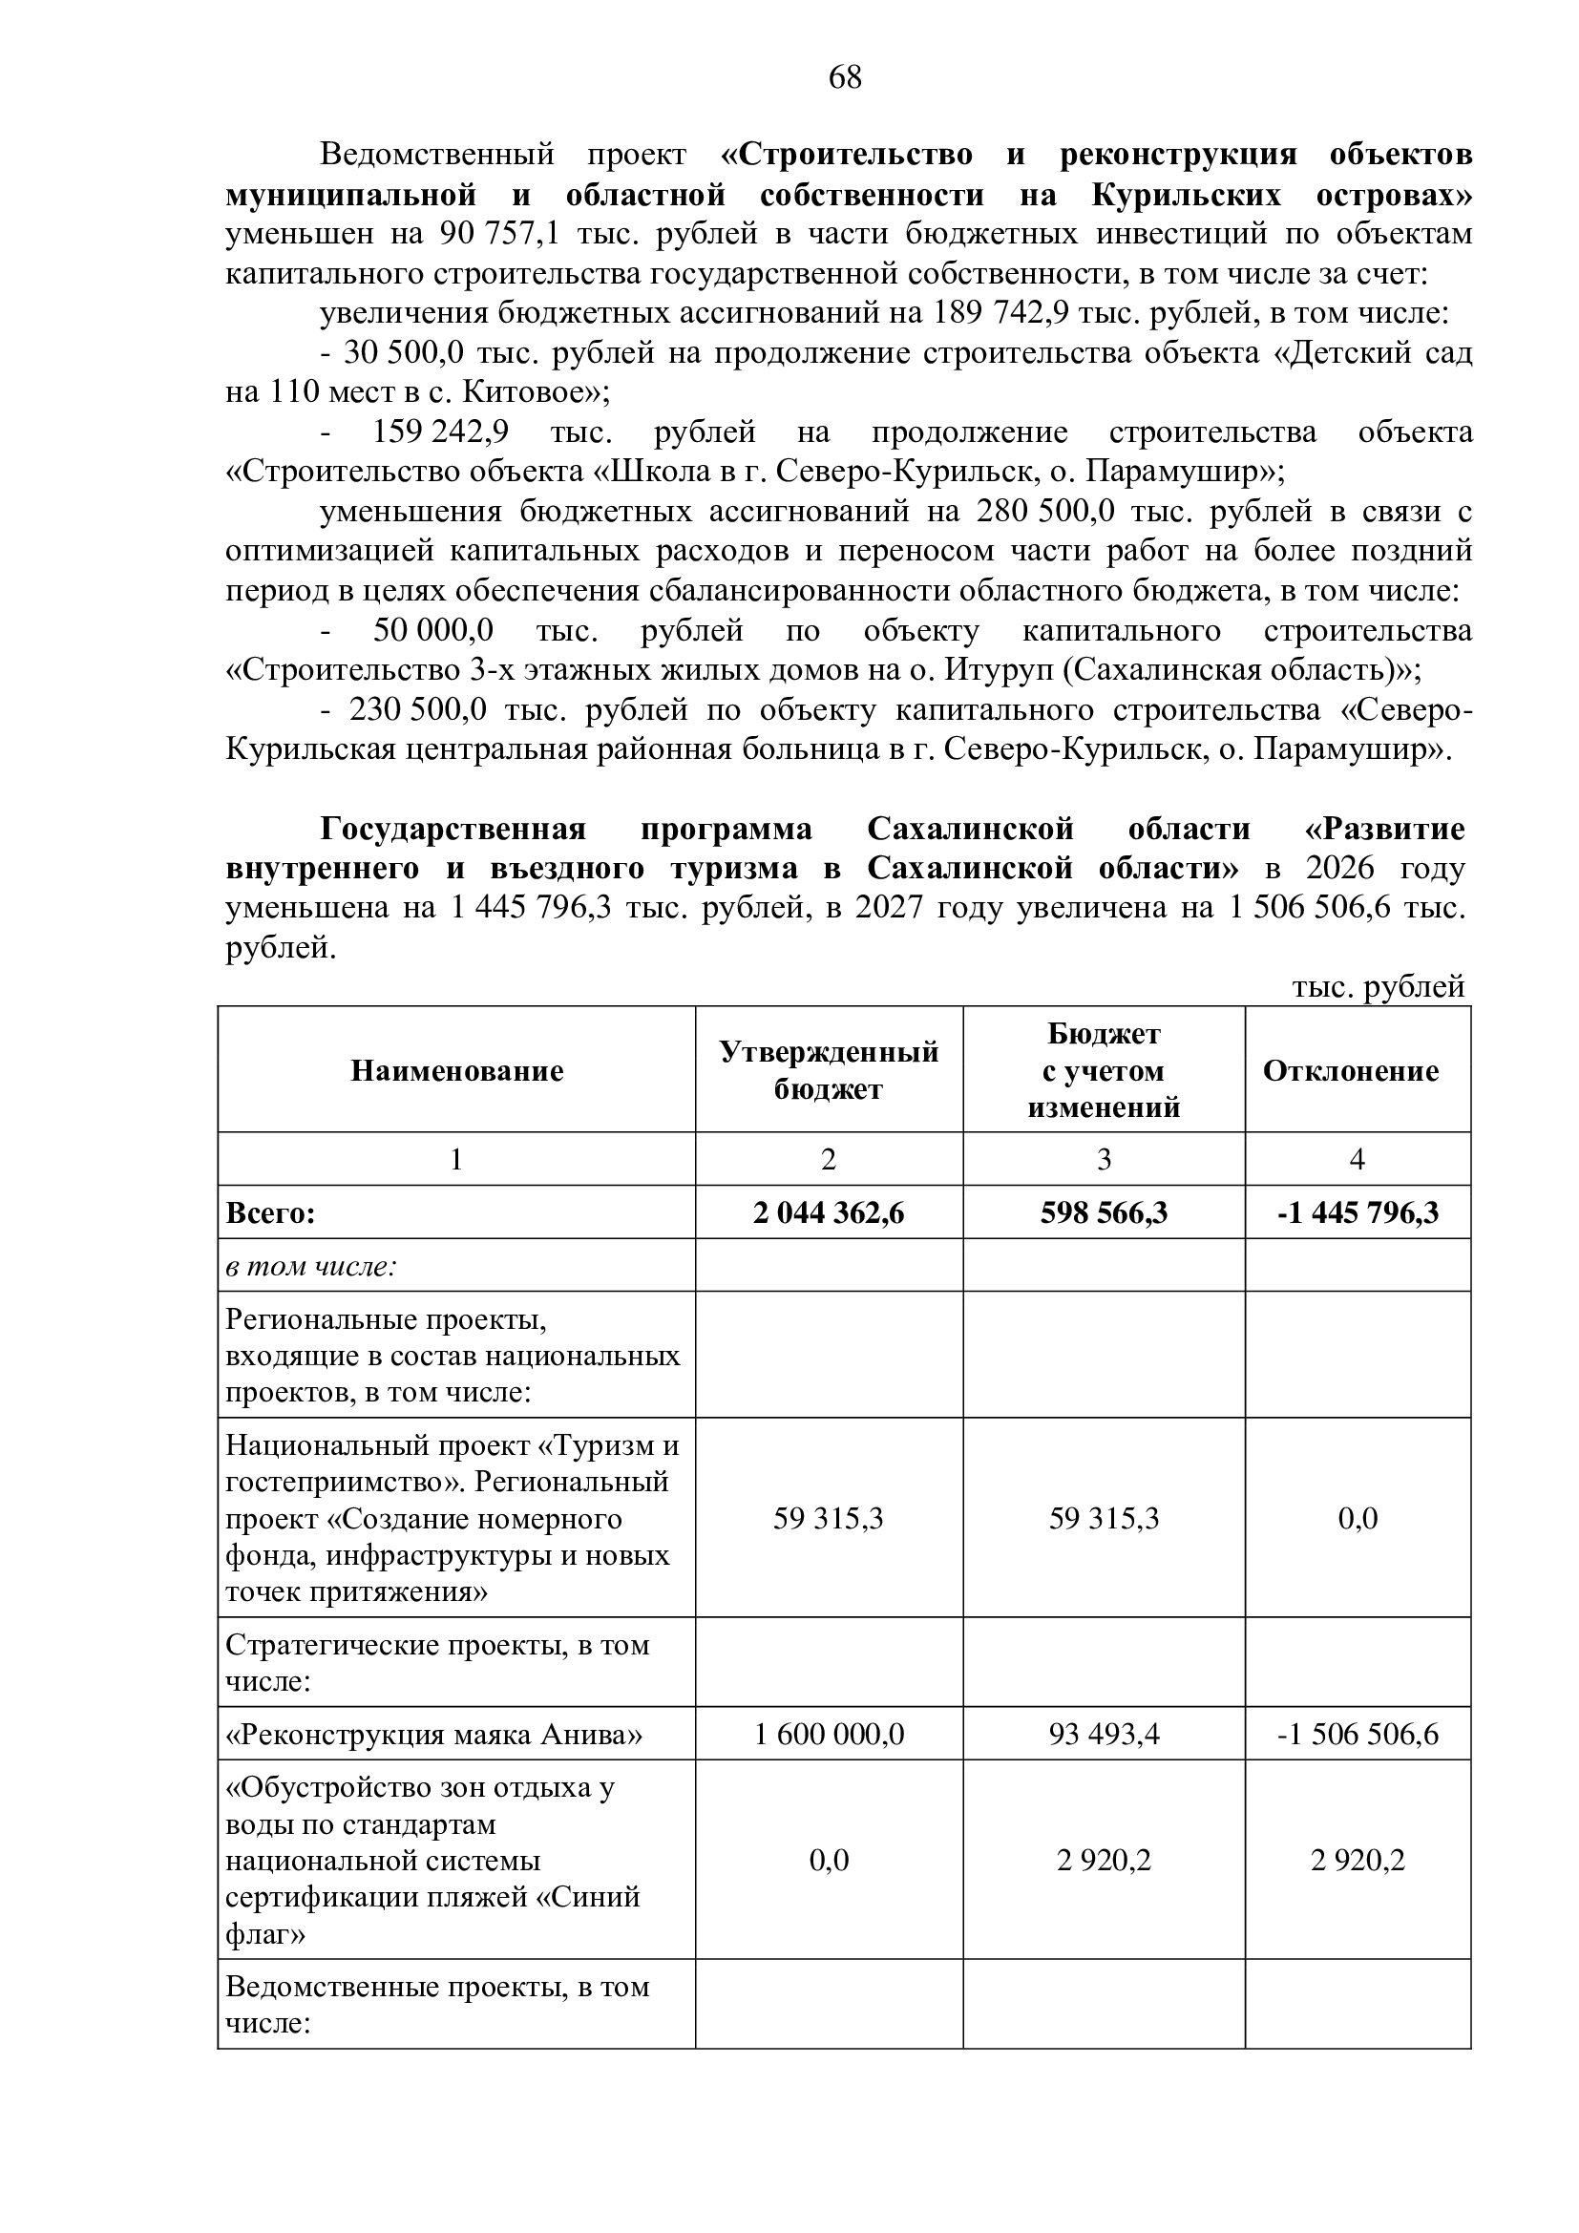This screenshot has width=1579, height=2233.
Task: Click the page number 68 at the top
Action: [845, 77]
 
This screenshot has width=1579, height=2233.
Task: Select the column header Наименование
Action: [457, 1071]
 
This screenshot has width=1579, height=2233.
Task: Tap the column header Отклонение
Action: [1357, 1071]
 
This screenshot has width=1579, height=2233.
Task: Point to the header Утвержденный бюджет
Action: [829, 1071]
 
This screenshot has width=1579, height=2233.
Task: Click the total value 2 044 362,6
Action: [829, 1212]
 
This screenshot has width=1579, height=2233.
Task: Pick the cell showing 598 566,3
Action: [1104, 1212]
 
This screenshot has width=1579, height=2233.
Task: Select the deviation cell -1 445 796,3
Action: [1358, 1212]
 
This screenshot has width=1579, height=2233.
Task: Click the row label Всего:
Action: [271, 1212]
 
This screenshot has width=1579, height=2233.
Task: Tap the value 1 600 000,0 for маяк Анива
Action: [829, 1735]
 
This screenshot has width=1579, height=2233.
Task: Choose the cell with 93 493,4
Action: [1104, 1735]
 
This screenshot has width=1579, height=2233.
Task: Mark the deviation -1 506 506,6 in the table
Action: [1358, 1735]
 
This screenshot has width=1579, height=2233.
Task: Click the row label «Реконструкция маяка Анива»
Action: [433, 1735]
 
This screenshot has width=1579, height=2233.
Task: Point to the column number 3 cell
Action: [1104, 1159]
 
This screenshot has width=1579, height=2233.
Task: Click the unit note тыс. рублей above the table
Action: [1378, 987]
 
